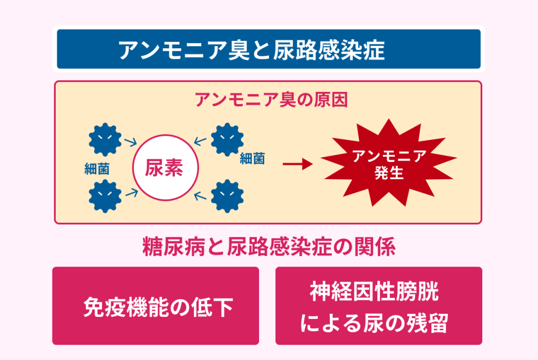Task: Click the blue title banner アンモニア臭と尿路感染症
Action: (x=268, y=49)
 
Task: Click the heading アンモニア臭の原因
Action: (x=272, y=100)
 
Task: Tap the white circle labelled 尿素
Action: (x=165, y=168)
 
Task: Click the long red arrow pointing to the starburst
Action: (x=297, y=164)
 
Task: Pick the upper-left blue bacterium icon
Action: (x=105, y=140)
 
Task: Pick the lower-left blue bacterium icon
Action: (x=105, y=197)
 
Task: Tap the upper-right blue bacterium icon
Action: (x=227, y=140)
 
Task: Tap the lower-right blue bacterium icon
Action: (x=227, y=197)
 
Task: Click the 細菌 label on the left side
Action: (x=97, y=169)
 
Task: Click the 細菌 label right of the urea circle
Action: (x=252, y=159)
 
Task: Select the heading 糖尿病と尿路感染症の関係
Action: (x=269, y=246)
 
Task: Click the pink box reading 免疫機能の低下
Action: (x=156, y=306)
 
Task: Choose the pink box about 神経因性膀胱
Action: (x=379, y=306)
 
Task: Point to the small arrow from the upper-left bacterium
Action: (x=130, y=142)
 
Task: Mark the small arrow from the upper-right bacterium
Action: (x=200, y=141)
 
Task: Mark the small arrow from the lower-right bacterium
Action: (x=200, y=196)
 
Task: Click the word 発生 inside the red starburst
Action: (x=389, y=172)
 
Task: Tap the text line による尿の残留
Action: (x=374, y=323)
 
